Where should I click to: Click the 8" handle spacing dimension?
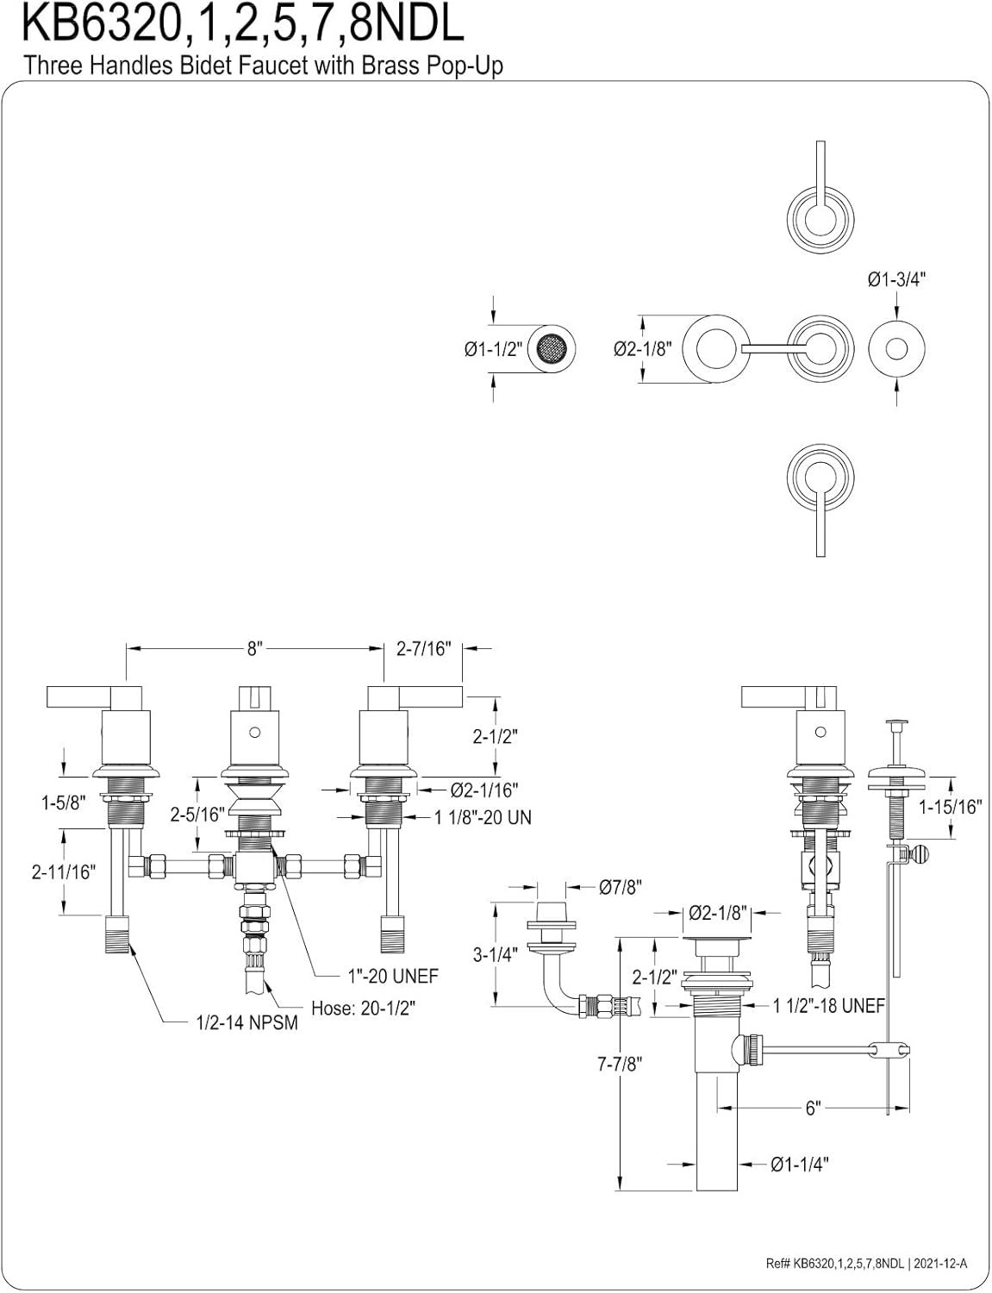click(253, 649)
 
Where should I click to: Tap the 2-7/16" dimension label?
click(425, 649)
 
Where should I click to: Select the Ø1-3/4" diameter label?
click(896, 278)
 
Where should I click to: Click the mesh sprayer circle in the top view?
click(550, 349)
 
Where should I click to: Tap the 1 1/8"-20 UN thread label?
click(483, 817)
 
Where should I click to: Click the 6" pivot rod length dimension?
click(812, 1108)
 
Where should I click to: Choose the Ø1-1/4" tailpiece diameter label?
click(800, 1165)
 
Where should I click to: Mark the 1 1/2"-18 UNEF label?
click(829, 1005)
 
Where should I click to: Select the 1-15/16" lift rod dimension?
click(950, 808)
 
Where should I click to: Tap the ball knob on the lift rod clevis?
click(925, 855)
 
